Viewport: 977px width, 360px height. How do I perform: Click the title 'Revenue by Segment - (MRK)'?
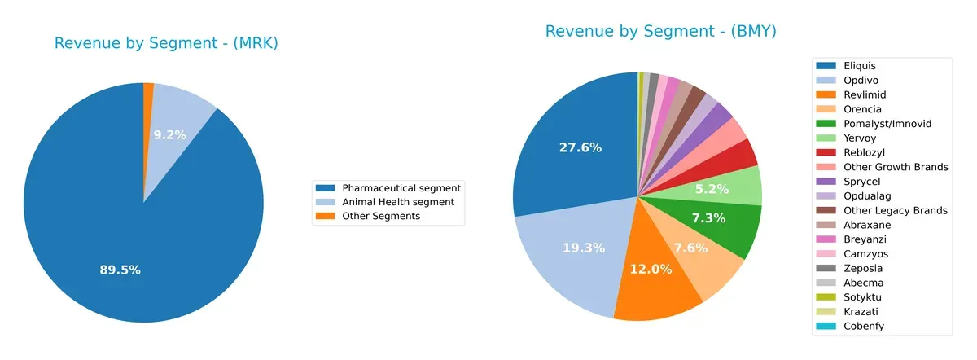tap(166, 44)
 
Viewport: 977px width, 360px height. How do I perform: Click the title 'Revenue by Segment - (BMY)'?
tap(660, 32)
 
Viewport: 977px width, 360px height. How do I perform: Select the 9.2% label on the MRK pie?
tap(169, 135)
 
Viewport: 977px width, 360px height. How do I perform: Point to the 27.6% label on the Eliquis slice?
tap(580, 147)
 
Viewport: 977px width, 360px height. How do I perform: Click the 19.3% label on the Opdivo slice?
tap(582, 248)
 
